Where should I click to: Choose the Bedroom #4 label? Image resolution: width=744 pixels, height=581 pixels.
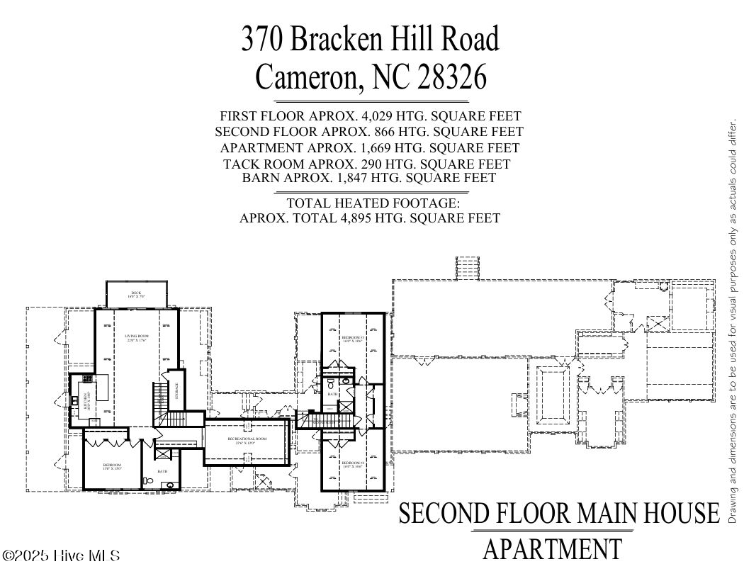click(352, 464)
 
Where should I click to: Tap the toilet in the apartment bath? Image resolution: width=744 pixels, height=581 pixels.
click(147, 481)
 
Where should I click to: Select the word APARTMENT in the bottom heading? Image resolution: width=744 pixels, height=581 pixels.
click(552, 548)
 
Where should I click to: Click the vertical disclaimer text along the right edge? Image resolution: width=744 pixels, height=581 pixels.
click(733, 322)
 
